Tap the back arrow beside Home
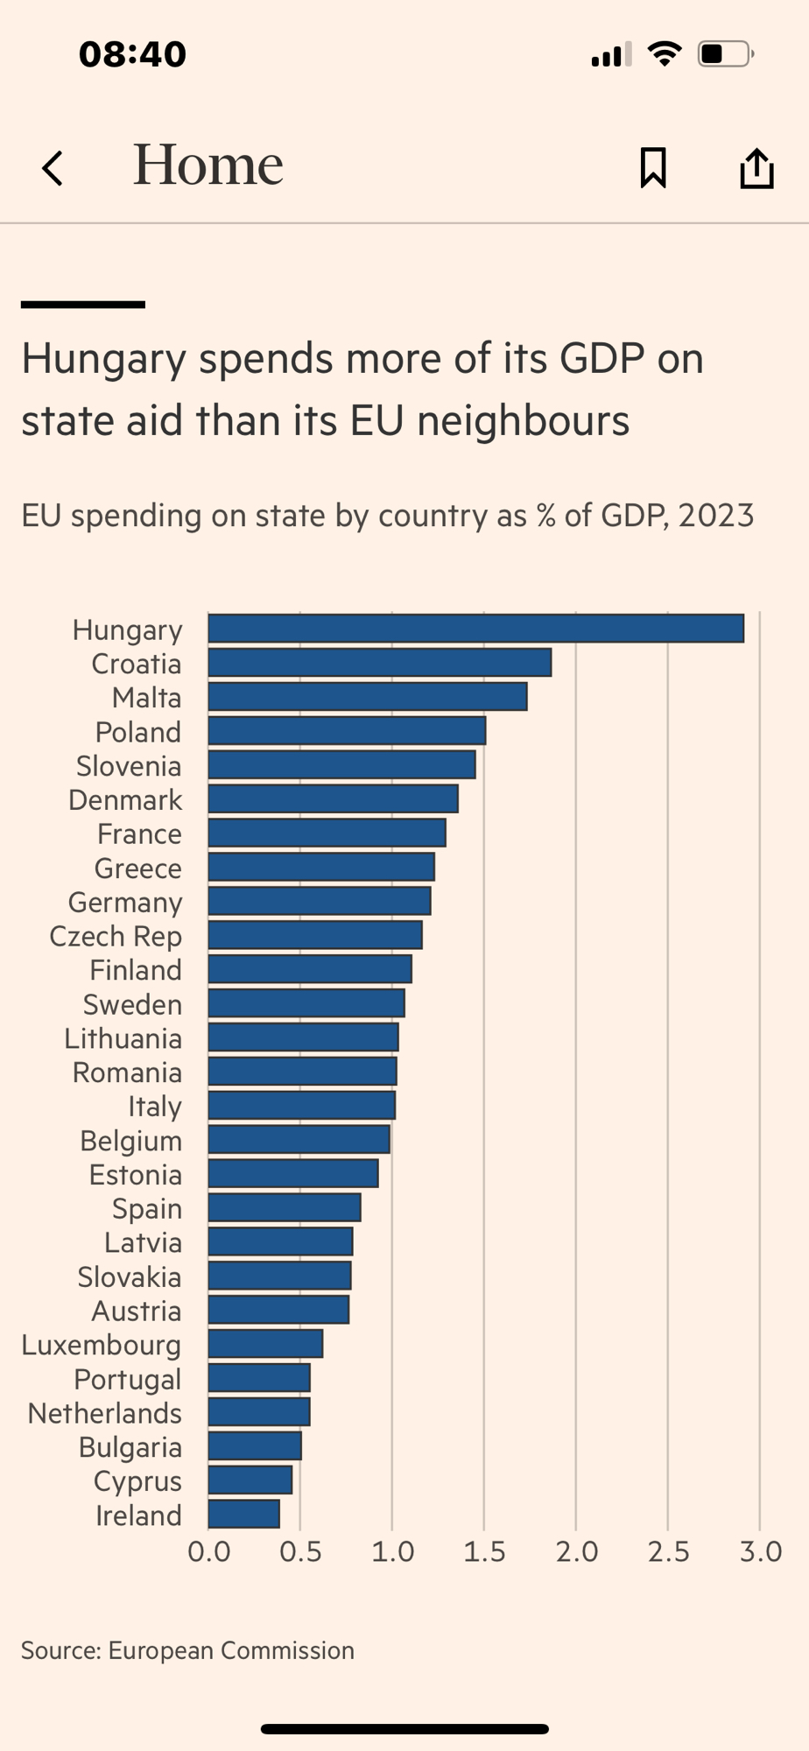point(53,168)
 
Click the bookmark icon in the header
point(653,167)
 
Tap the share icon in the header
point(756,167)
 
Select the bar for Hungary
point(475,629)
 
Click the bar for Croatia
point(379,663)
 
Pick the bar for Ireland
point(243,1514)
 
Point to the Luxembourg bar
point(265,1344)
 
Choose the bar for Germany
point(319,901)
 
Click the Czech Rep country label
point(116,936)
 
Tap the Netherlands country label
point(104,1413)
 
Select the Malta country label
point(146,698)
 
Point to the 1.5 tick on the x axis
point(484,1552)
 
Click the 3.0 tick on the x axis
point(760,1552)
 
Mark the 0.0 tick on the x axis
point(209,1552)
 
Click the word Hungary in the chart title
point(103,360)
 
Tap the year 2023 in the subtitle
point(715,516)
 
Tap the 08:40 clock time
point(132,54)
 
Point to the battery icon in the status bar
point(724,54)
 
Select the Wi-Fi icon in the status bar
point(665,54)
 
